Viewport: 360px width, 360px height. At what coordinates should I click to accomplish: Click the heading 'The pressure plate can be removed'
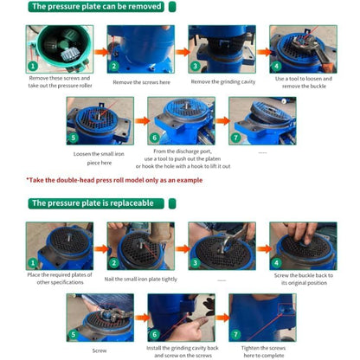coord(97,6)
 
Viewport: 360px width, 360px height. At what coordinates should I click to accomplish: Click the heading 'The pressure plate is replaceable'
coord(93,203)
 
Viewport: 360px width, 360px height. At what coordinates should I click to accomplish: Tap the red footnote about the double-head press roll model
coord(114,180)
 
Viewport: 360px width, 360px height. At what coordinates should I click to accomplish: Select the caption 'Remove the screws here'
coord(141,82)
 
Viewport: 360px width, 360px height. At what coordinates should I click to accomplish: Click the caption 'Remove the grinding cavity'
coord(223,82)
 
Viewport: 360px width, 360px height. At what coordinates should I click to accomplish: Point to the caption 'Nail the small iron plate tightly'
coord(141,280)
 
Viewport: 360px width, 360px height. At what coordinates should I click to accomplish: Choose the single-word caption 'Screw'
coord(100,350)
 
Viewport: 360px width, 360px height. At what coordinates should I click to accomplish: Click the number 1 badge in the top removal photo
coord(33,66)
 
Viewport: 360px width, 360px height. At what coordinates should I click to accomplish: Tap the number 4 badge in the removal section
coord(276,67)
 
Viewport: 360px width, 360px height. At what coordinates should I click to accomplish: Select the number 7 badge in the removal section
coord(235,138)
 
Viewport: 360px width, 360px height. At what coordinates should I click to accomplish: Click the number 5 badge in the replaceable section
coord(74,335)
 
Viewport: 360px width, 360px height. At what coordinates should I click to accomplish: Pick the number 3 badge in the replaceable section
coord(195,263)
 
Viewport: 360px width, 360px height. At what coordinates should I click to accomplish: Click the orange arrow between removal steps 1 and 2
coord(100,52)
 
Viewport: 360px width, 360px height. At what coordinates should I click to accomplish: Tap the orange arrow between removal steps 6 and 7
coord(222,121)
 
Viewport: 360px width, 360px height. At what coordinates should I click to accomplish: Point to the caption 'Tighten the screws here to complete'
coord(263,351)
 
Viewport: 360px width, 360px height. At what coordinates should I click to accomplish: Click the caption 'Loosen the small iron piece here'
coord(99,158)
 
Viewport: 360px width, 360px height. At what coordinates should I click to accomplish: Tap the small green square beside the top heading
coord(172,7)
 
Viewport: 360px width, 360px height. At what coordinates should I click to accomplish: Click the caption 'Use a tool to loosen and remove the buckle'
coord(304,82)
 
